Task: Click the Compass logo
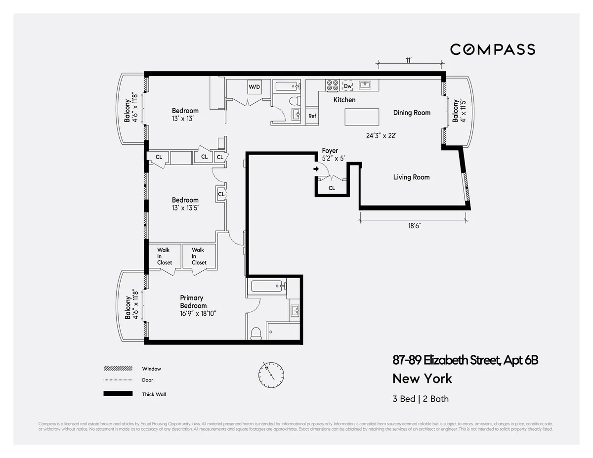click(492, 49)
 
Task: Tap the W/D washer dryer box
click(254, 87)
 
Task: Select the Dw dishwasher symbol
click(348, 86)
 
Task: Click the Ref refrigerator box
click(312, 116)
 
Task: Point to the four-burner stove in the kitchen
click(332, 85)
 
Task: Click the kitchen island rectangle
click(362, 118)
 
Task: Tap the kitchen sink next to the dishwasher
click(366, 85)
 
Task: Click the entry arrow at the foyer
click(316, 169)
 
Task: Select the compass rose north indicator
click(271, 374)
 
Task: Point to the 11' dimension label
click(409, 60)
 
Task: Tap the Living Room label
click(411, 177)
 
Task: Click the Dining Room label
click(412, 113)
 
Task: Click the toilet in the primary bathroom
click(256, 334)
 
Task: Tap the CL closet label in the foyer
click(332, 188)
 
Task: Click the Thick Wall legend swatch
click(118, 394)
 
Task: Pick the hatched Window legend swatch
click(118, 369)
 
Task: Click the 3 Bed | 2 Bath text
click(421, 399)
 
